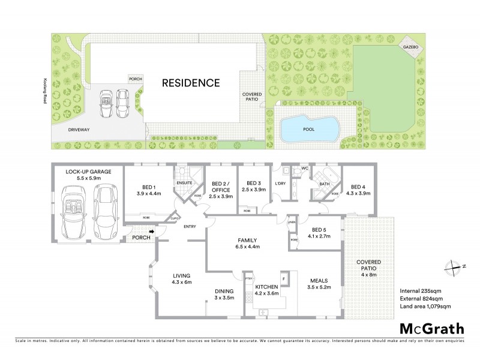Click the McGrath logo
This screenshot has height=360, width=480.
[x=431, y=328]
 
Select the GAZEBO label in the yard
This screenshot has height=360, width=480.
[x=409, y=47]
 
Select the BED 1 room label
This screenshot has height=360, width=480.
[x=146, y=186]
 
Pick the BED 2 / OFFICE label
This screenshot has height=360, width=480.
[x=221, y=187]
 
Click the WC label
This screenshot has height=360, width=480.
[x=305, y=168]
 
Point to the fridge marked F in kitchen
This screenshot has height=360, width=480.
[x=284, y=278]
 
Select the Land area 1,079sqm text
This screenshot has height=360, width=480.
[x=425, y=307]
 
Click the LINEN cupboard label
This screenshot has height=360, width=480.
[x=292, y=223]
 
